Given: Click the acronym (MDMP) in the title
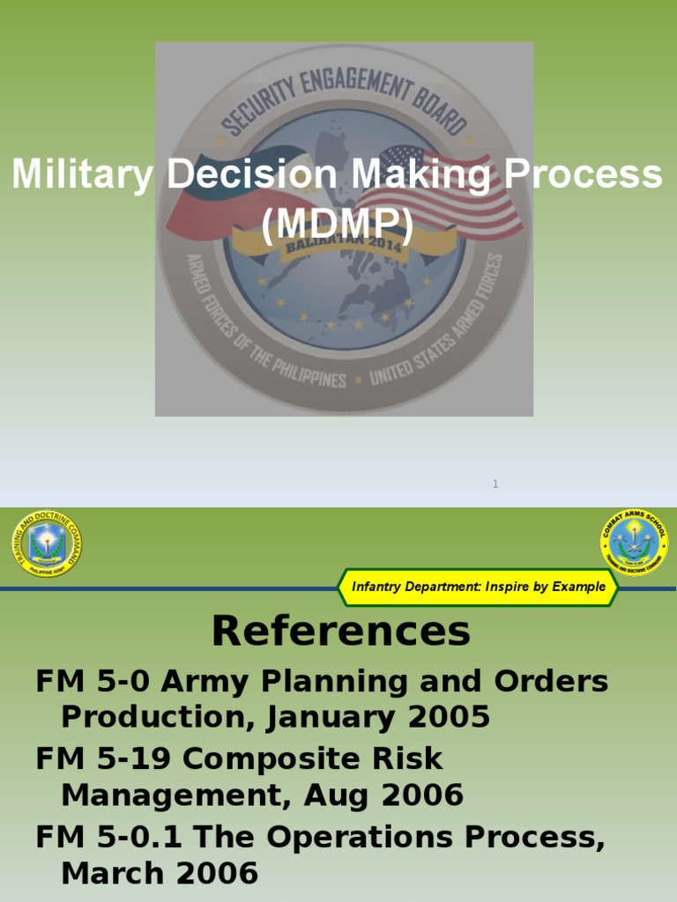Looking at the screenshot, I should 338,225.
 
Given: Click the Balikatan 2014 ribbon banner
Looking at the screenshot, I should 344,242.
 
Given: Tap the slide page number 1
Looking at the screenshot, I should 495,484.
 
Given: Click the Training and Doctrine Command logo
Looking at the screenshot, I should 47,543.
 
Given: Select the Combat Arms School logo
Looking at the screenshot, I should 634,542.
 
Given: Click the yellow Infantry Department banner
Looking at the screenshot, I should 479,587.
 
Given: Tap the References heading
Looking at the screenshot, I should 340,631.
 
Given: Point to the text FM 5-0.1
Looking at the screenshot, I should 108,836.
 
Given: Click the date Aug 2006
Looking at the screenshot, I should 383,795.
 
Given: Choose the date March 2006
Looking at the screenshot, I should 160,873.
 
